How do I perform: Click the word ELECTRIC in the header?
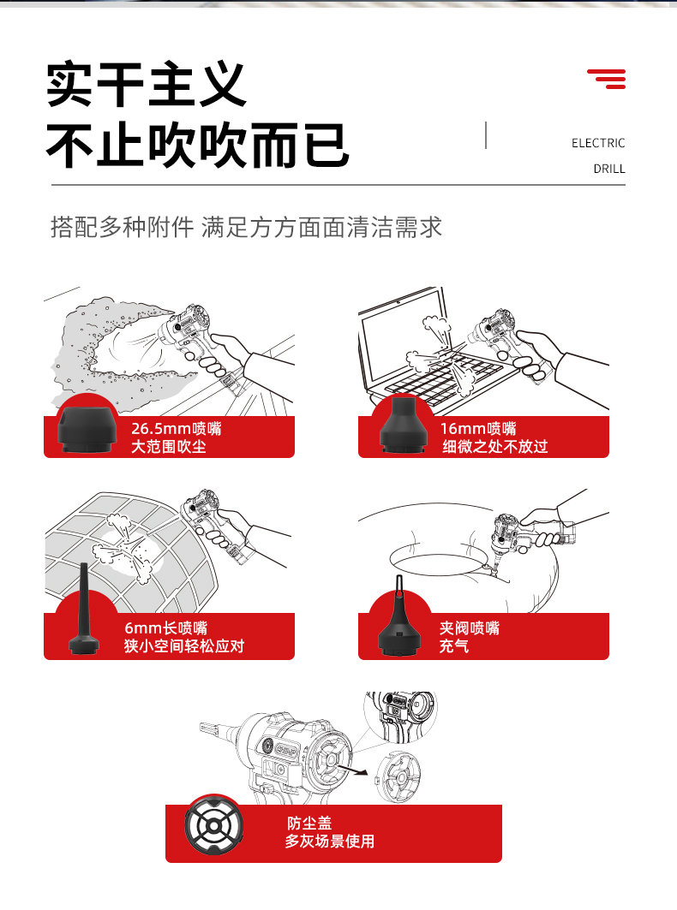pyautogui.click(x=598, y=143)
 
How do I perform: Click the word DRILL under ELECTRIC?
pyautogui.click(x=609, y=169)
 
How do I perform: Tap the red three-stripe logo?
pyautogui.click(x=607, y=79)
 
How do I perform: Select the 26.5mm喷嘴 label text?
pyautogui.click(x=176, y=428)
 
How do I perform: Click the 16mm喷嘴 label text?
pyautogui.click(x=478, y=428)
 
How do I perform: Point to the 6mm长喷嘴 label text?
pyautogui.click(x=166, y=628)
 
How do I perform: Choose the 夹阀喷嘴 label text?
pyautogui.click(x=470, y=628)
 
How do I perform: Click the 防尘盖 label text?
pyautogui.click(x=309, y=823)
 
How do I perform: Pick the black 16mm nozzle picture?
pyautogui.click(x=403, y=425)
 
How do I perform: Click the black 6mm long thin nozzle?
pyautogui.click(x=84, y=609)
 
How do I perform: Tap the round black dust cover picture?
pyautogui.click(x=213, y=826)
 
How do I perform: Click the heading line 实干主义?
pyautogui.click(x=147, y=85)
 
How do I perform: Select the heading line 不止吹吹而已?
pyautogui.click(x=198, y=145)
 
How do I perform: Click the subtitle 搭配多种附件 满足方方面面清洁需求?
pyautogui.click(x=247, y=227)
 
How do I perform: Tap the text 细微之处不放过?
pyautogui.click(x=495, y=446)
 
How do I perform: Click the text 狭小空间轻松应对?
pyautogui.click(x=184, y=646)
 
